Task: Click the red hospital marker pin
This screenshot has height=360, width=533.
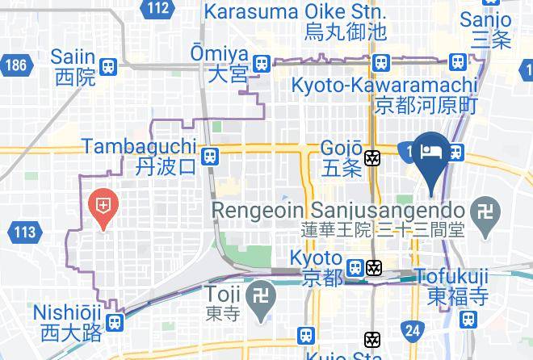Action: (103, 205)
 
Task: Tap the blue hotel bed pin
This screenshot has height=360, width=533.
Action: (432, 153)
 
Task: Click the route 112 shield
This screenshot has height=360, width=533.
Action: (160, 9)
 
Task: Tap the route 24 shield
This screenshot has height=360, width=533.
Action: (413, 329)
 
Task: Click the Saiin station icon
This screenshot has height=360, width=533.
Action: (108, 65)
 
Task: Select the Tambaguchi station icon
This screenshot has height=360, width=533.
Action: (210, 156)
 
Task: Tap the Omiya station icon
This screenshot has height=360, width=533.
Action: (261, 63)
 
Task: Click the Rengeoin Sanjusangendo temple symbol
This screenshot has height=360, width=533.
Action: (485, 209)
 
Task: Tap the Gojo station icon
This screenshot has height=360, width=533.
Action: (373, 157)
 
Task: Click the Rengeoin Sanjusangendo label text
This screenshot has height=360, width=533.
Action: (338, 210)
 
